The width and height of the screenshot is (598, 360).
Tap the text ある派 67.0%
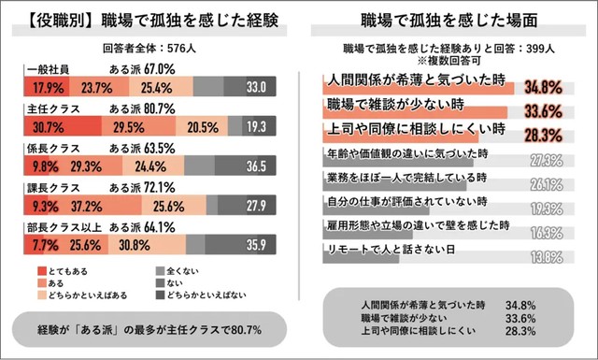pyautogui.click(x=143, y=70)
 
